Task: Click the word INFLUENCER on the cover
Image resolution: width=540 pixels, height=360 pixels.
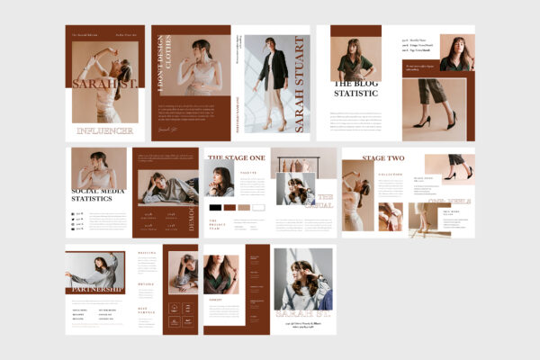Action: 105,131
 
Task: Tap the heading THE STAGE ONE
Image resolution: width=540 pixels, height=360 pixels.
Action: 236,157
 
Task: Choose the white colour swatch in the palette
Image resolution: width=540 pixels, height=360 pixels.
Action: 258,207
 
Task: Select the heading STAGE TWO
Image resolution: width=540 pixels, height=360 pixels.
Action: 382,158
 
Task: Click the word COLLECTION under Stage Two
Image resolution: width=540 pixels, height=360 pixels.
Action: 390,175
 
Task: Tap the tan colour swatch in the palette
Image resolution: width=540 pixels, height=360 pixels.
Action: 244,207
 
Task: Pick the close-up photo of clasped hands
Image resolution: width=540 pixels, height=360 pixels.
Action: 390,216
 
